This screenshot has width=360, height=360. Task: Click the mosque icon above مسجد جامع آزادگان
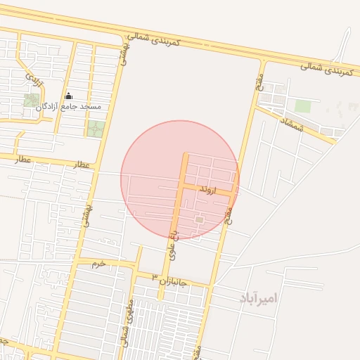pos(68,96)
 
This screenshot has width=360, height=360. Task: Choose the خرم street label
pos(98,264)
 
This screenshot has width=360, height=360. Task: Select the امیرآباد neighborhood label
pos(258,298)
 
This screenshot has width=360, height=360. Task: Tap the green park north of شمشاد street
pos(302,106)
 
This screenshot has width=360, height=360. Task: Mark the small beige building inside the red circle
pos(199,221)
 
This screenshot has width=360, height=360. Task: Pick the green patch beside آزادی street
pos(32,100)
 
